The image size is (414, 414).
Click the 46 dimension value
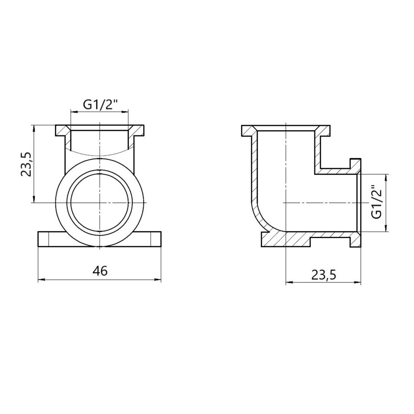pyautogui.click(x=100, y=271)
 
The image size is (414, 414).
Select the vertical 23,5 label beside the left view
pyautogui.click(x=27, y=164)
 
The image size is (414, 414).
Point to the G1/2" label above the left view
pyautogui.click(x=100, y=105)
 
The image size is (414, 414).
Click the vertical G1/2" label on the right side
pyautogui.click(x=376, y=202)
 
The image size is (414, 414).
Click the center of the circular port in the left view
pyautogui.click(x=100, y=202)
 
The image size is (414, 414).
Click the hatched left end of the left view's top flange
pyautogui.click(x=62, y=131)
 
